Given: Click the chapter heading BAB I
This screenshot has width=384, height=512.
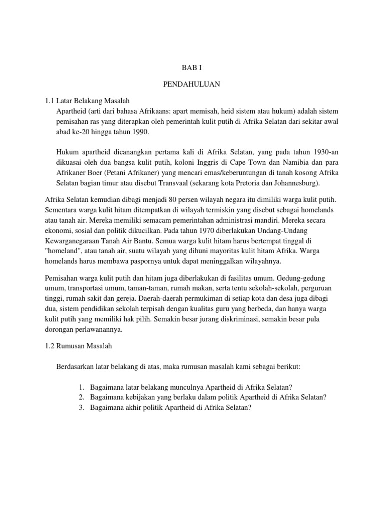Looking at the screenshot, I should point(191,67).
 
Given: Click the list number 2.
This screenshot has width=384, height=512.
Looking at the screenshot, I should point(82,397).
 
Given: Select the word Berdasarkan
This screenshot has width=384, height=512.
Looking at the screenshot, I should point(80,367).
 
